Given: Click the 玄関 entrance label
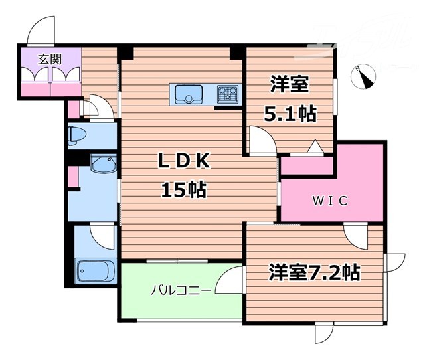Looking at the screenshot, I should click(48, 59).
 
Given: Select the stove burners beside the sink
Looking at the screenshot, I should click(228, 95).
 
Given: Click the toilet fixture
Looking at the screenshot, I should click(76, 134).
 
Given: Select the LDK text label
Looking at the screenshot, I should click(183, 161).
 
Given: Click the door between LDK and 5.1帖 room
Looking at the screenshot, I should click(261, 140).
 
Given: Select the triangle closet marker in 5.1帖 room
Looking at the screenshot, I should click(314, 146).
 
